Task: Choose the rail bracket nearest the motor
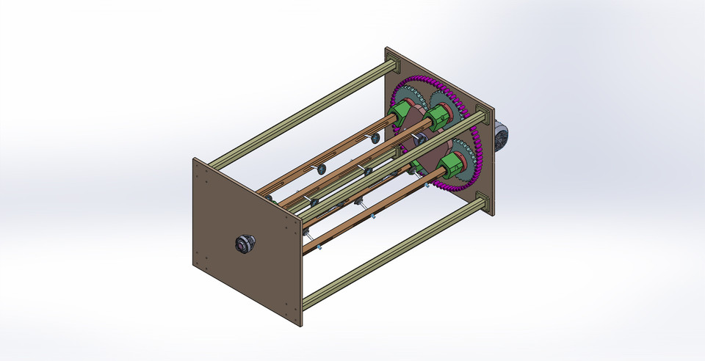482,117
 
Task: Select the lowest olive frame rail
389,249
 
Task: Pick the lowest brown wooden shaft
367,213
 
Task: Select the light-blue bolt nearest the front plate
321,249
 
